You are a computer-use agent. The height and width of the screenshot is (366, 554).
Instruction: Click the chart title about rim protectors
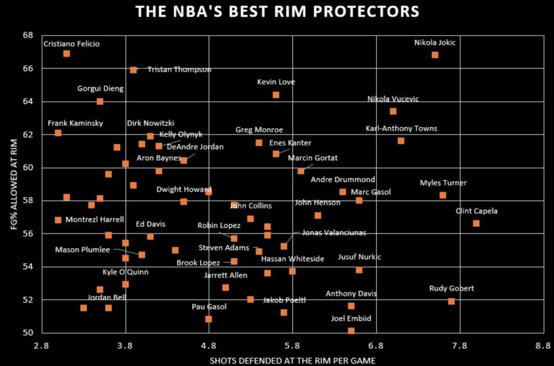click(277, 12)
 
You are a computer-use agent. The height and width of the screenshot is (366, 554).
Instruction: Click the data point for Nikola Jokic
click(435, 55)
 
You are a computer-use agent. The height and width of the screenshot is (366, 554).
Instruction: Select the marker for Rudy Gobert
click(451, 301)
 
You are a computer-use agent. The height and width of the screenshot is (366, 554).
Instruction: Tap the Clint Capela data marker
click(476, 223)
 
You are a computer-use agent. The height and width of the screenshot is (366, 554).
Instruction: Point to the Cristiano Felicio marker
click(66, 54)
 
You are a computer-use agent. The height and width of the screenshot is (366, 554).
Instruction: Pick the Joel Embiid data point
click(351, 331)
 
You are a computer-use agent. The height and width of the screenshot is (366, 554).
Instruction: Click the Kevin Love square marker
click(276, 95)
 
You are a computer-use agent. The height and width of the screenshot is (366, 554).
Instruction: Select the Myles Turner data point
click(443, 195)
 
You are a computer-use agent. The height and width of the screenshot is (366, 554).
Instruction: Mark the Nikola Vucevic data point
click(393, 112)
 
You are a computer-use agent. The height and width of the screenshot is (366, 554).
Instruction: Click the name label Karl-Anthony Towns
click(401, 129)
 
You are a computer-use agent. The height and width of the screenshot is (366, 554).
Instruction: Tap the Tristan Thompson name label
click(171, 70)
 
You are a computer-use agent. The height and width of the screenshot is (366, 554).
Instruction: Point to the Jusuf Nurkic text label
click(359, 257)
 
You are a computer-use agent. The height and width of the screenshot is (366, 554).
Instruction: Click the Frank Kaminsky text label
click(75, 123)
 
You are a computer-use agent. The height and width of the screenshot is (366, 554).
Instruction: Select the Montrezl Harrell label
click(90, 220)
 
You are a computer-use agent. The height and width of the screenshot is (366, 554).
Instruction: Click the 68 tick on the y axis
click(28, 35)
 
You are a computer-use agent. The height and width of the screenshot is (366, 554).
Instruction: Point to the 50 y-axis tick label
click(28, 333)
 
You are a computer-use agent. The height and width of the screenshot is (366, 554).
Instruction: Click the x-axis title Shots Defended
click(292, 360)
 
